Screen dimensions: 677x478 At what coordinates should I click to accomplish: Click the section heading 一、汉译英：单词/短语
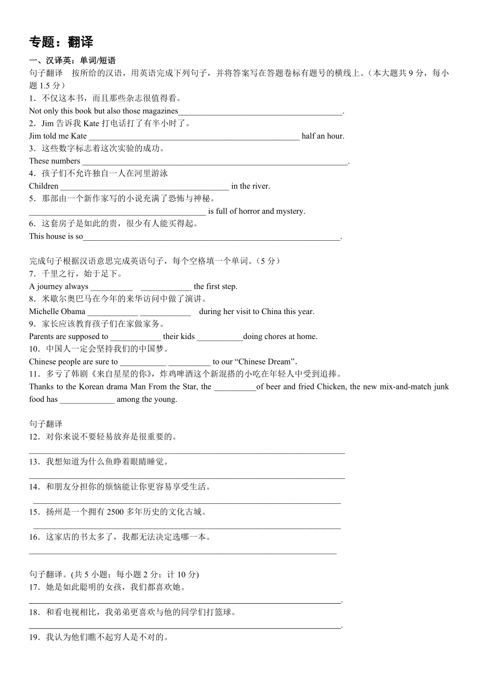click(x=72, y=61)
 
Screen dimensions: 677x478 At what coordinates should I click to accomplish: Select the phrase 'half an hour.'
click(x=323, y=136)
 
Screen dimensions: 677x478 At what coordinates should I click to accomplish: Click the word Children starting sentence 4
click(x=44, y=186)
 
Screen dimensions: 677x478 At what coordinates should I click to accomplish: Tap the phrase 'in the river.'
click(x=250, y=186)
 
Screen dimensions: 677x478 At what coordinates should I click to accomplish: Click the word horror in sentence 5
click(x=249, y=211)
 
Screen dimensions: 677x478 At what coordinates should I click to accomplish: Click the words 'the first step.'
click(x=215, y=287)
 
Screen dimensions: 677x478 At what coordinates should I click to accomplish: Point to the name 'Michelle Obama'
click(x=57, y=311)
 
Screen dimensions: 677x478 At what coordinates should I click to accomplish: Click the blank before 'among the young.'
click(x=87, y=400)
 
